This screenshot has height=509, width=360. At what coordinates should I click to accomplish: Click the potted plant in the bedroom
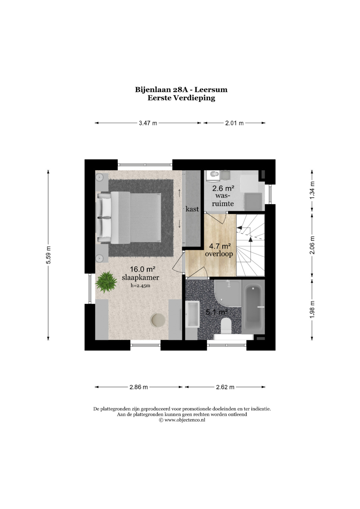(x=106, y=282)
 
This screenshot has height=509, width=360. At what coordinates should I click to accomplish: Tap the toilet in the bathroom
(x=226, y=326)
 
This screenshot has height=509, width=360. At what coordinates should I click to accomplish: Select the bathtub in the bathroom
(x=253, y=307)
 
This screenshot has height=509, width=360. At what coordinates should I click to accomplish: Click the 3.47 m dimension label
(x=148, y=123)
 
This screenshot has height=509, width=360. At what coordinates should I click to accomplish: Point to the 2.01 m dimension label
(x=234, y=123)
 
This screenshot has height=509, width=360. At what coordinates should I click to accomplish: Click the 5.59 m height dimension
(x=48, y=255)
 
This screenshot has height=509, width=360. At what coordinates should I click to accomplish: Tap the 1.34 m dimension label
(x=312, y=190)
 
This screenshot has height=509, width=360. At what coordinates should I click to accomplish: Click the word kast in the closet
(x=192, y=209)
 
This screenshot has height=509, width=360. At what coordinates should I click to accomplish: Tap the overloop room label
(x=219, y=254)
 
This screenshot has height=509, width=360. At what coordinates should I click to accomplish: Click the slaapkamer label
(x=140, y=277)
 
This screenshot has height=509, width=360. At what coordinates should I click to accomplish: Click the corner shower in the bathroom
(x=228, y=293)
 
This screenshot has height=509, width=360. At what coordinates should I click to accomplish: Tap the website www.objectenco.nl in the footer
(x=185, y=420)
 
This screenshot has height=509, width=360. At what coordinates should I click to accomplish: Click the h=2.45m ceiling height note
(x=140, y=286)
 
